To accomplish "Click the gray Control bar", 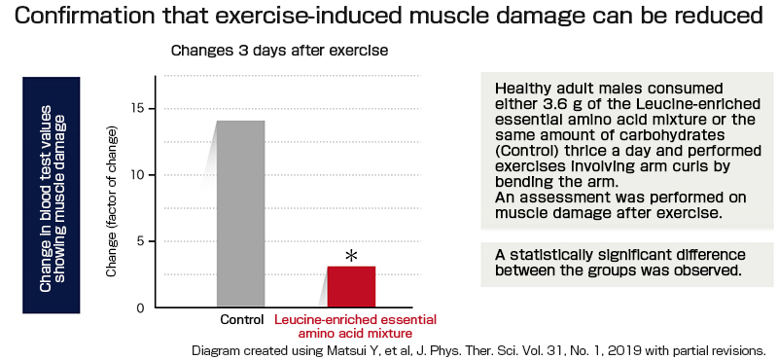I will point(240,213).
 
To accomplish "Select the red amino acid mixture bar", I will point(351,286).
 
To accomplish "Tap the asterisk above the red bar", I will point(352,256).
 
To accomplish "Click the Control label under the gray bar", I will point(241,320).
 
